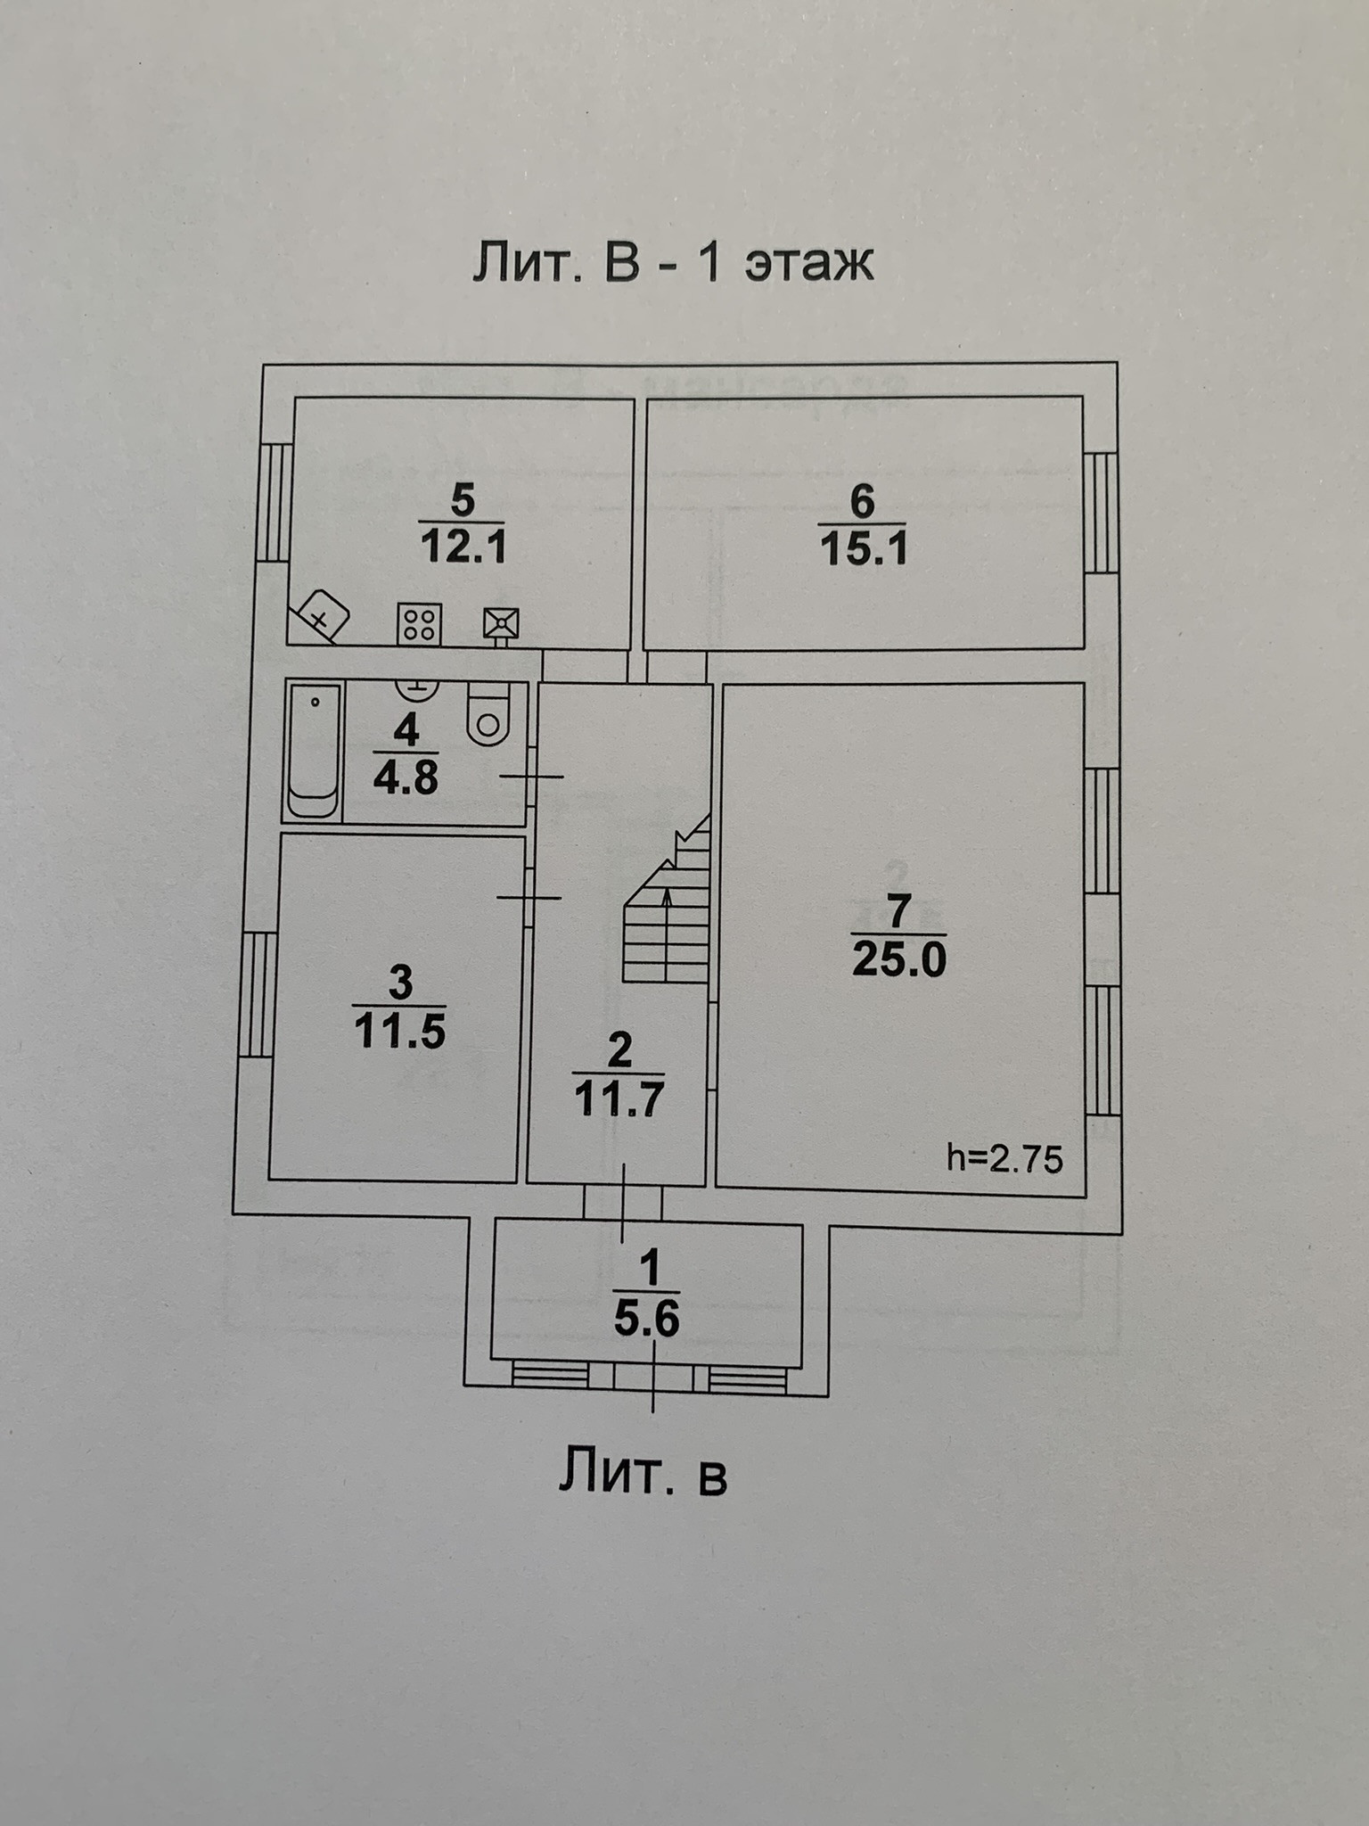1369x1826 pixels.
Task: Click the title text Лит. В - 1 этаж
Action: [673, 263]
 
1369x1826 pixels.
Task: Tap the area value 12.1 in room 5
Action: [463, 546]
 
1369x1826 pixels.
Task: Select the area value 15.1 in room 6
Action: [863, 547]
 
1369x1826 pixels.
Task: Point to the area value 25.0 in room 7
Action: [898, 960]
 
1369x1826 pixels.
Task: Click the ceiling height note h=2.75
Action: [1004, 1158]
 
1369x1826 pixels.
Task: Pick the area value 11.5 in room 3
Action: [399, 1032]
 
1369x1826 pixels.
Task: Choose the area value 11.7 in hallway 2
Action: [619, 1099]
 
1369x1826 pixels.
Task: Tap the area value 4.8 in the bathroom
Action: [406, 778]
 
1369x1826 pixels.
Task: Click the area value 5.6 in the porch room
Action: [647, 1319]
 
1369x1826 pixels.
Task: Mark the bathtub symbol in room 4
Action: [314, 751]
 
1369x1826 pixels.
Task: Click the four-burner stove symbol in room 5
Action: [419, 623]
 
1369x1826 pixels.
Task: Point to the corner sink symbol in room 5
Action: [321, 615]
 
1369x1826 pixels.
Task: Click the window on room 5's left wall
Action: [275, 502]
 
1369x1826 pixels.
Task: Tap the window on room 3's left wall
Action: [258, 993]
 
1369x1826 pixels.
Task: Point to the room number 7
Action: [898, 911]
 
